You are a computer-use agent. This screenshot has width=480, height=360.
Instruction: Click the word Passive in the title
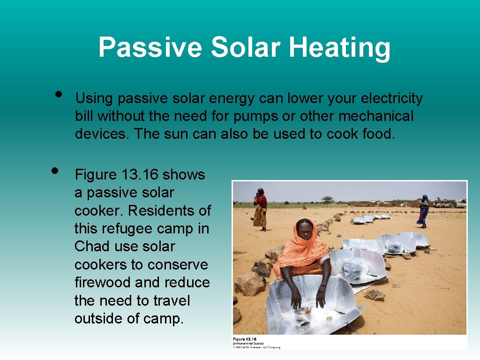coord(150,48)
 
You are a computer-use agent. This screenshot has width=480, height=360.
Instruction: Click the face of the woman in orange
coord(305,230)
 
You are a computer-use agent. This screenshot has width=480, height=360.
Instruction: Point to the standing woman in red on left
coord(261,208)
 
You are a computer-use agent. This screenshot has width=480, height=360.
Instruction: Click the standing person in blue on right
coord(423,210)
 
